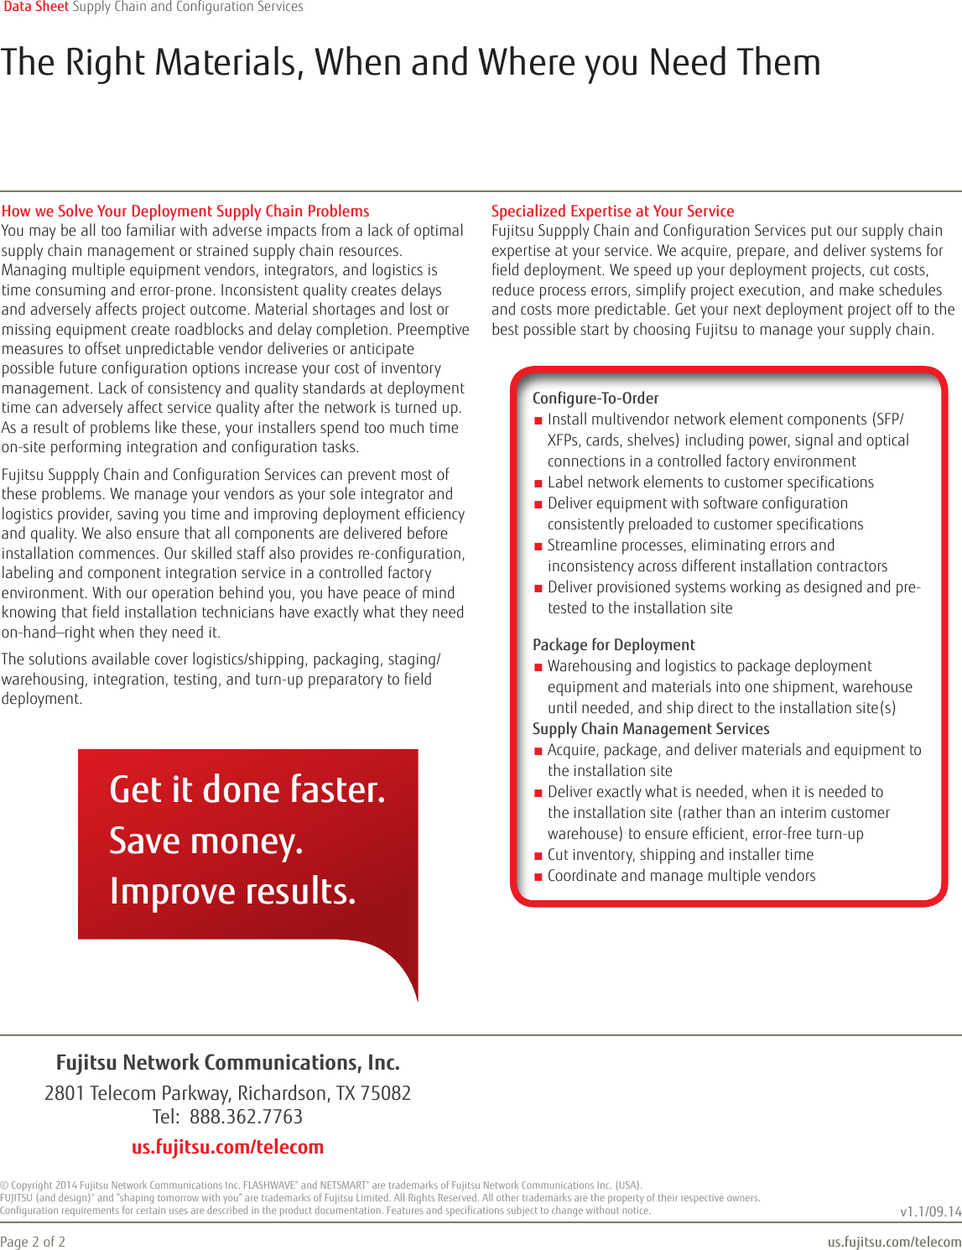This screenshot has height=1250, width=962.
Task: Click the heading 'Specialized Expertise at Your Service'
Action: tap(612, 211)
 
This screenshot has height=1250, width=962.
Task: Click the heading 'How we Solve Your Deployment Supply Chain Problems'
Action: tap(185, 211)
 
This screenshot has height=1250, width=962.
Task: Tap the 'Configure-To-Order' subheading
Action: tap(595, 398)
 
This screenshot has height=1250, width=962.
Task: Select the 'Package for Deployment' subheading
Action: tap(614, 645)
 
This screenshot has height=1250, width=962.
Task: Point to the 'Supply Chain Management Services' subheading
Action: tap(651, 729)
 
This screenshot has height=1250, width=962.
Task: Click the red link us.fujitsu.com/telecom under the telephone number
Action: tap(227, 1147)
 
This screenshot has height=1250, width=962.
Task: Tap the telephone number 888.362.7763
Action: tap(246, 1117)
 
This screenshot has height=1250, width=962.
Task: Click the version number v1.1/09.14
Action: tap(930, 1211)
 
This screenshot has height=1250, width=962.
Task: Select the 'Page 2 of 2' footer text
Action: tap(33, 1242)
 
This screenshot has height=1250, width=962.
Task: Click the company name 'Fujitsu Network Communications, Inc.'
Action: tap(227, 1063)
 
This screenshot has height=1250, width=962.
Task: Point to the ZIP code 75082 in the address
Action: tap(385, 1094)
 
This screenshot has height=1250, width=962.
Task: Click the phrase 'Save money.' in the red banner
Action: tap(206, 841)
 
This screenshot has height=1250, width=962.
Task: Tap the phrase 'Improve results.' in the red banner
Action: tap(233, 891)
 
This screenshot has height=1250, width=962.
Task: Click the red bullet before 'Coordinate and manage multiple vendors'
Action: tap(538, 877)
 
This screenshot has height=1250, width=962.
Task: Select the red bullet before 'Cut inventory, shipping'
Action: tap(538, 856)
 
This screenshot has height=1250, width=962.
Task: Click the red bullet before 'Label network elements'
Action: tap(538, 483)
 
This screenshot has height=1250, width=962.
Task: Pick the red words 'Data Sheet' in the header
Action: tap(36, 7)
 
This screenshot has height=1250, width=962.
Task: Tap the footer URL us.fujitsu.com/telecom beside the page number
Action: tap(894, 1242)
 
